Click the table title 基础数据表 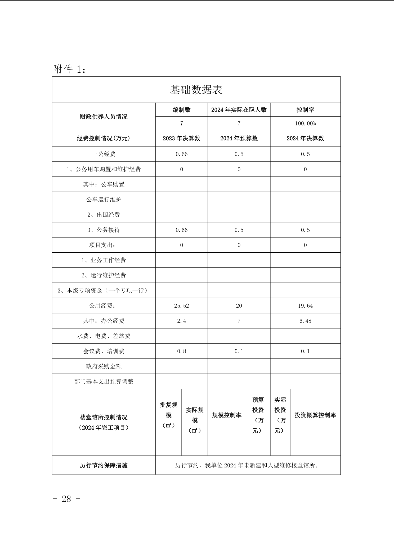[196, 90]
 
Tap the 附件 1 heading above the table [69, 69]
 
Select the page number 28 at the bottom [66, 499]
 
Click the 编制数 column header [182, 110]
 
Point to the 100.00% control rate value [305, 123]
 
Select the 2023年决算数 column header [182, 138]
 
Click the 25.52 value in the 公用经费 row [182, 306]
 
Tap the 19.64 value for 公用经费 [305, 306]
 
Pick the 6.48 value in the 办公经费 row [305, 321]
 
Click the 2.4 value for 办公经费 [182, 321]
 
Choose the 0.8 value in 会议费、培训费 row [182, 351]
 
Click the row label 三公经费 [104, 154]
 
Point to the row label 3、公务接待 [104, 230]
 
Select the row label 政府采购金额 [104, 366]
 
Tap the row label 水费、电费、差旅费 [104, 336]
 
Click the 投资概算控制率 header [315, 415]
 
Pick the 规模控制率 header [227, 415]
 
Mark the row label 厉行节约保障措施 [104, 465]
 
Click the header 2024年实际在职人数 [239, 110]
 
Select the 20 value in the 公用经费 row [239, 306]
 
